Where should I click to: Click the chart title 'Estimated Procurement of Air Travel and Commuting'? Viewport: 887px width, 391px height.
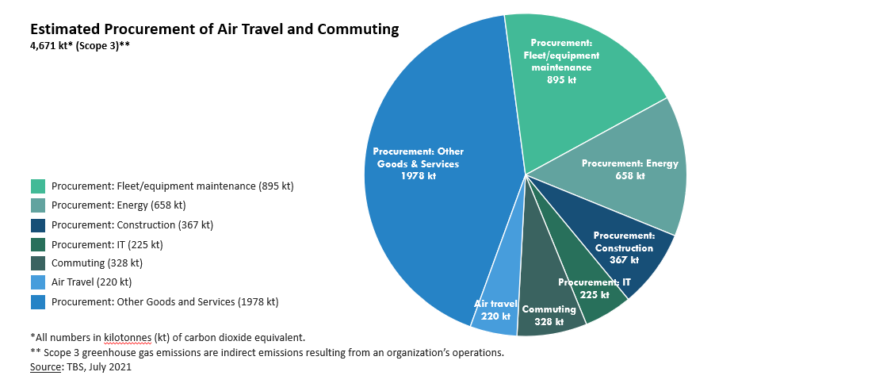214,29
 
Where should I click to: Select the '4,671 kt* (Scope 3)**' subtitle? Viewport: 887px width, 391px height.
80,46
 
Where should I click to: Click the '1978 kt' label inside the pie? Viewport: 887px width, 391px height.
419,176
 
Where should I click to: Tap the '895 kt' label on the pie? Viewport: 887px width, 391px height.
561,80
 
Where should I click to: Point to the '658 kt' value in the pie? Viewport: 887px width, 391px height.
630,176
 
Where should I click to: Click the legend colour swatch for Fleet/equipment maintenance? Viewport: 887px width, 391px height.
38,186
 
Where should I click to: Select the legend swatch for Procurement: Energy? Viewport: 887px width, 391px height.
38,205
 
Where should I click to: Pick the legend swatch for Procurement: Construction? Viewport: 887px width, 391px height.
38,224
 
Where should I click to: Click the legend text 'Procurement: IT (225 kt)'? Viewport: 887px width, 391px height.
107,244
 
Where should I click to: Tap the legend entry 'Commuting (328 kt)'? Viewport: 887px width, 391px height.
97,263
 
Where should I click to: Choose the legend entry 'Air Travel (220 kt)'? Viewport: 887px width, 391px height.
91,282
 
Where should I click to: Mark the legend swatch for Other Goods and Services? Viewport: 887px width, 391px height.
38,301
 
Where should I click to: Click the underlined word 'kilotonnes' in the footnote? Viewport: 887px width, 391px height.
128,337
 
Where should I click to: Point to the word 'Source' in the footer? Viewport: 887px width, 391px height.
46,367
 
